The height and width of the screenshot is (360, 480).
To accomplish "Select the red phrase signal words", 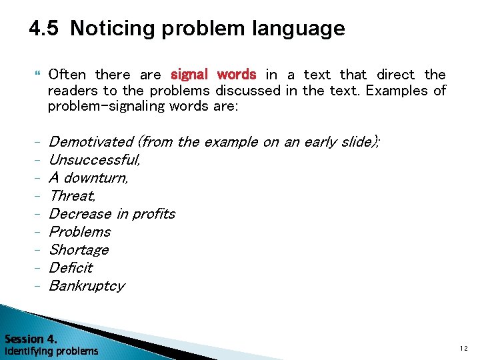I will pos(213,75).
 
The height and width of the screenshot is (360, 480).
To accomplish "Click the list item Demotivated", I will pos(91,141).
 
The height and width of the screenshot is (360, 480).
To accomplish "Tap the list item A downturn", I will pos(89,178).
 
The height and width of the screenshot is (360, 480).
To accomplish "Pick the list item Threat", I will pos(72,196).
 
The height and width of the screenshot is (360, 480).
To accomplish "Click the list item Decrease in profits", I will pos(112,214).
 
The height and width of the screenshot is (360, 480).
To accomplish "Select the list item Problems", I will pos(80,232).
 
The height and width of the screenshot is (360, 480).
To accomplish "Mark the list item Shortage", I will pos(79,250).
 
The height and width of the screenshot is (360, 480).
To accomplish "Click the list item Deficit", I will pos(71,268).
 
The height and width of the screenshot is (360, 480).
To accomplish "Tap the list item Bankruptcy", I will pos(87,286).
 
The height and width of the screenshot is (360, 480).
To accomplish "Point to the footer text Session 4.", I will pos(31,338).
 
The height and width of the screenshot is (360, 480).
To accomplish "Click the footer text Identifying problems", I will pos(51,351).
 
